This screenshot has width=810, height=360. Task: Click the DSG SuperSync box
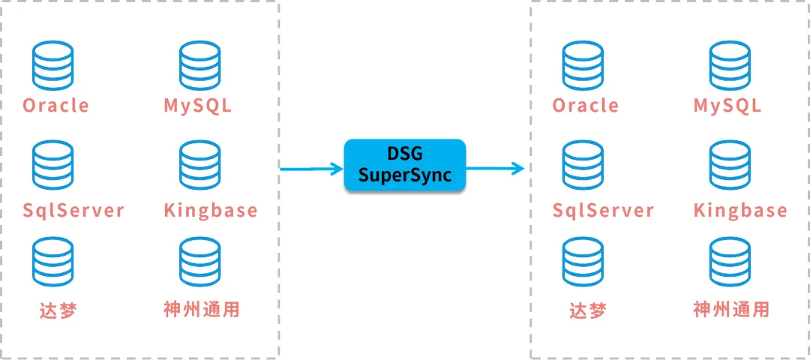[405, 165]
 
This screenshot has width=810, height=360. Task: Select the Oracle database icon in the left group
[53, 66]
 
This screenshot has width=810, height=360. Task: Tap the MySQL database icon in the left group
[199, 66]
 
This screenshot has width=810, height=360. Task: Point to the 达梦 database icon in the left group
[53, 263]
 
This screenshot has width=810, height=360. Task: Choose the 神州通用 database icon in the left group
[199, 263]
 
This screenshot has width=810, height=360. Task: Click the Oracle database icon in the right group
[583, 66]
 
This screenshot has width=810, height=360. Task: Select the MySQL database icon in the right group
[730, 66]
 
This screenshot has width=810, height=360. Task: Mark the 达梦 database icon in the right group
[583, 263]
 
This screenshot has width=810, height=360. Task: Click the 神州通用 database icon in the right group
[730, 263]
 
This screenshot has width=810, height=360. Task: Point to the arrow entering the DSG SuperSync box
[311, 169]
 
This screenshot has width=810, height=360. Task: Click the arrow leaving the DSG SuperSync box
[495, 169]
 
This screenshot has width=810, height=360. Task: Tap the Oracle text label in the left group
[55, 106]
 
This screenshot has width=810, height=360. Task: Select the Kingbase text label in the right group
[740, 211]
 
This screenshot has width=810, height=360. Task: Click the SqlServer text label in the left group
[73, 211]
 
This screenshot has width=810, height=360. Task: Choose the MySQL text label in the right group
[727, 106]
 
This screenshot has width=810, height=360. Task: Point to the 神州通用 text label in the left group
[202, 309]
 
